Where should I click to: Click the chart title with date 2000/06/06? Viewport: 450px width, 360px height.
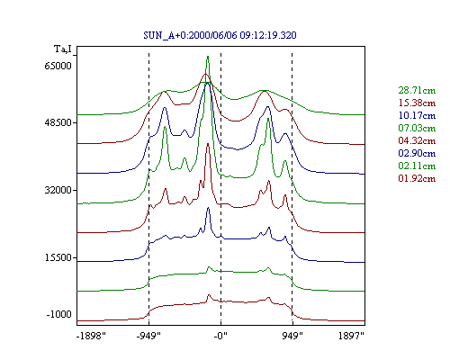(220, 35)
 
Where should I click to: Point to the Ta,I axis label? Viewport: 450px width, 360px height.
(63, 49)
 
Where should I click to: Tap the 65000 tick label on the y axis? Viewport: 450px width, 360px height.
(58, 66)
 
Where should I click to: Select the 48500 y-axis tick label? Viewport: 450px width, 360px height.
(58, 122)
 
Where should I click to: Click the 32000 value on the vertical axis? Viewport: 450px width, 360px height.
(58, 190)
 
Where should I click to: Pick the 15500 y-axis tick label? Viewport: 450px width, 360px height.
(58, 257)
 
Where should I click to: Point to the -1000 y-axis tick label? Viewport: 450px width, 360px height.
(58, 314)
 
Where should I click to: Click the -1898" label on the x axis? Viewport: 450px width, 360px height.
(91, 336)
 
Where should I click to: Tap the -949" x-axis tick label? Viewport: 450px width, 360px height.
(148, 336)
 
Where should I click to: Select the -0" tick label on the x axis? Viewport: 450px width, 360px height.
(220, 336)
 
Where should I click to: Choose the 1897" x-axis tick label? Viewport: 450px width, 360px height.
(351, 336)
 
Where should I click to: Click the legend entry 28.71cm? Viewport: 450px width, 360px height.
(417, 90)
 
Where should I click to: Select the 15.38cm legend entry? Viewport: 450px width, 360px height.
(417, 103)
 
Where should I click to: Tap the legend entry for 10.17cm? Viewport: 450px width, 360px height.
(417, 115)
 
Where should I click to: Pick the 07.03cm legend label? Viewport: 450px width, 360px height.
(417, 128)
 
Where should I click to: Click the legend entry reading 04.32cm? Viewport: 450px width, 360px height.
(417, 140)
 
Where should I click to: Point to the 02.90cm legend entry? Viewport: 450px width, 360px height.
(417, 153)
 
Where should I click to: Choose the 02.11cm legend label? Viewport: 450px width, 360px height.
(417, 166)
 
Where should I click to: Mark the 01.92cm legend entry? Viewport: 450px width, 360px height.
(417, 178)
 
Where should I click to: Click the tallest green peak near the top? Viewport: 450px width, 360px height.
(208, 57)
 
